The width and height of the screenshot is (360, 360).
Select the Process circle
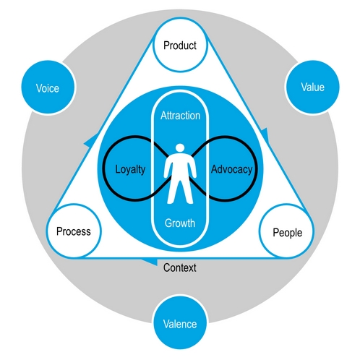coord(73,232)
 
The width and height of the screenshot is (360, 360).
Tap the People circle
coord(286,232)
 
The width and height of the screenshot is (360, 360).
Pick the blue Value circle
coord(312,87)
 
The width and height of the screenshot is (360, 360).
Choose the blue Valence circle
coord(179,323)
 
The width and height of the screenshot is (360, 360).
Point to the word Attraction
coord(180,116)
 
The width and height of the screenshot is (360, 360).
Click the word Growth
coord(179,223)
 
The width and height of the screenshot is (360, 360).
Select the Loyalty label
coord(131,170)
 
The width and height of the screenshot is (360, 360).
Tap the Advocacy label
coord(231,170)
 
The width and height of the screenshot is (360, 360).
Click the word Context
coord(179,267)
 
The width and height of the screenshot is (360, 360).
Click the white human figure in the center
coord(179,177)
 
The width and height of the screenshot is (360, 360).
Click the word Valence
coord(179,324)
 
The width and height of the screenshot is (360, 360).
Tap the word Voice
coord(47,89)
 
